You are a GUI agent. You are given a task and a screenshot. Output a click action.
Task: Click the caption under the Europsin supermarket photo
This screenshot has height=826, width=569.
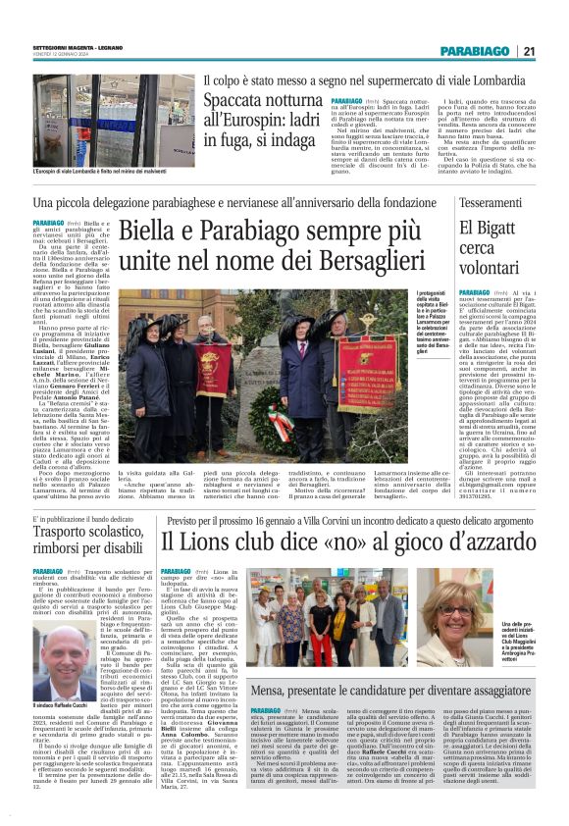coord(102,174)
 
